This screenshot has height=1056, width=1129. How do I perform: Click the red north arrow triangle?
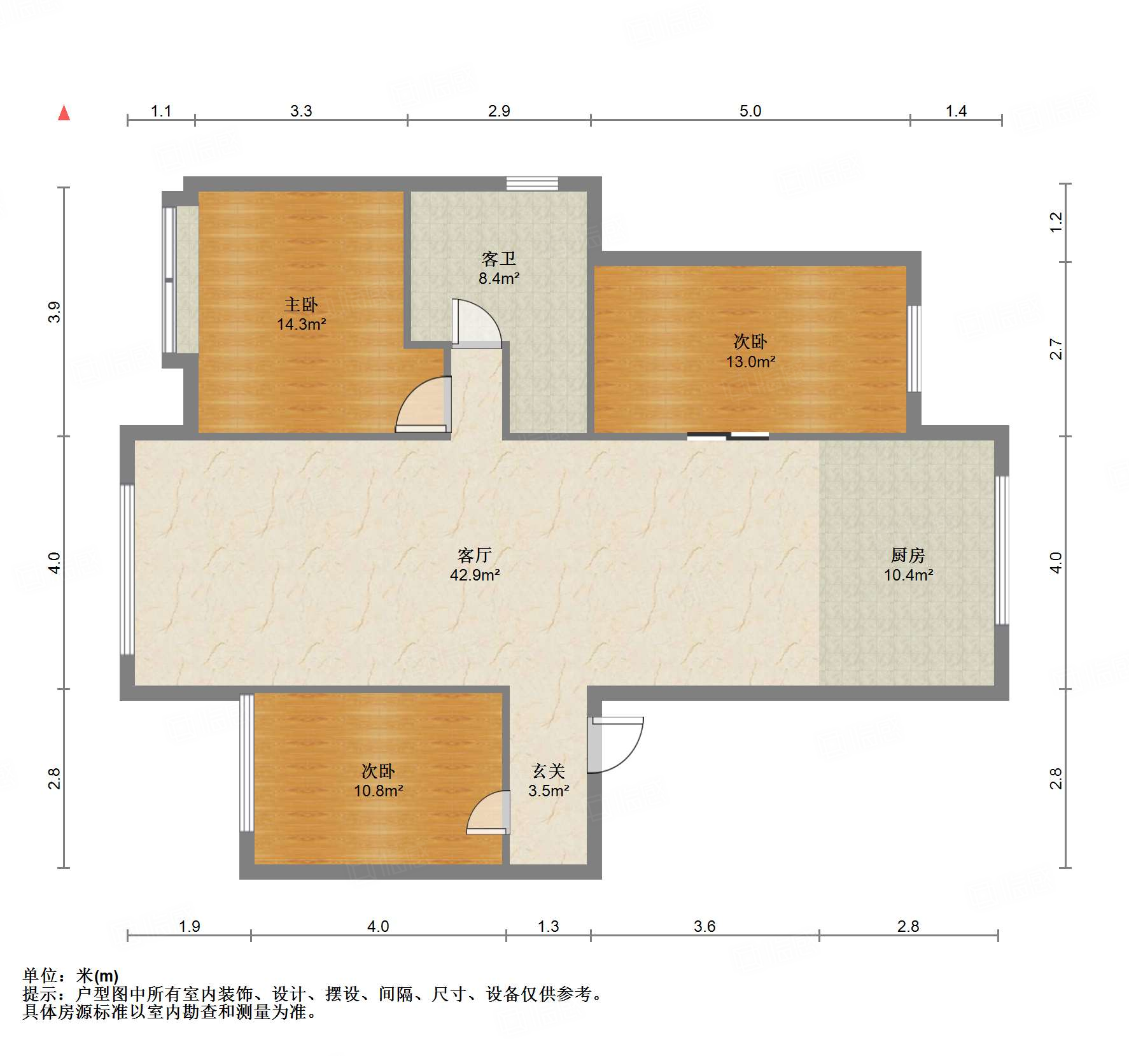(x=64, y=113)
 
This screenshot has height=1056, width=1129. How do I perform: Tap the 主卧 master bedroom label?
(x=301, y=304)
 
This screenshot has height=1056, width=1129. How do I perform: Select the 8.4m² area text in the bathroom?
(x=499, y=278)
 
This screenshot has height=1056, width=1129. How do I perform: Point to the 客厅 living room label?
(x=474, y=555)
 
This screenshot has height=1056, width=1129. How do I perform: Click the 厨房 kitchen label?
(x=908, y=555)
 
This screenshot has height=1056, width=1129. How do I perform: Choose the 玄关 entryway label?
(x=549, y=771)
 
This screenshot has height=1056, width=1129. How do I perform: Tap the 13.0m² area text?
(x=751, y=362)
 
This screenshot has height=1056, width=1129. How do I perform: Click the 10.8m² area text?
(x=379, y=791)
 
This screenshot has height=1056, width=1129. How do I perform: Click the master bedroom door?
(x=424, y=405)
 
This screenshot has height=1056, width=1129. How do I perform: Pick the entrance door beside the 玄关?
(x=615, y=745)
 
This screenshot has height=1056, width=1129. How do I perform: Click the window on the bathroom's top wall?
(x=532, y=183)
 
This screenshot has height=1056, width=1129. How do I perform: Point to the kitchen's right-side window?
(x=1002, y=550)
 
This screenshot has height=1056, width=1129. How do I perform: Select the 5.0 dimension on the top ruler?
(x=750, y=111)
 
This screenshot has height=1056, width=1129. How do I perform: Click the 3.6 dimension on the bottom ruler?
(x=705, y=926)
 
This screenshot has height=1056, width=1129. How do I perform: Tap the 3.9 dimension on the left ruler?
(x=54, y=312)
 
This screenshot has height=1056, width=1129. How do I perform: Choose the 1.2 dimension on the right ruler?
(x=1056, y=222)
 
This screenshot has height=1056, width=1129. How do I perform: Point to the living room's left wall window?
(x=127, y=570)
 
